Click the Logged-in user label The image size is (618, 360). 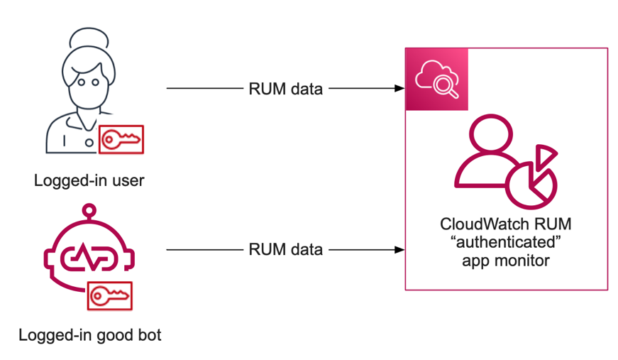(x=89, y=180)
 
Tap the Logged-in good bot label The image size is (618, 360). (x=89, y=334)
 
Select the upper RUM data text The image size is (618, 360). (x=286, y=89)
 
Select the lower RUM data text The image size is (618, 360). (x=286, y=249)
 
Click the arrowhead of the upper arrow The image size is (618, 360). (x=399, y=89)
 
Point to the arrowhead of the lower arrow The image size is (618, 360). (x=399, y=249)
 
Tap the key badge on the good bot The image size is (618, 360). (x=110, y=295)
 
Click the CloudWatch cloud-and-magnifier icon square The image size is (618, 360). (x=436, y=80)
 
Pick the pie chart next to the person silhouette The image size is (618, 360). (x=531, y=184)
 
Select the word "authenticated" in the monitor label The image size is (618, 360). (x=505, y=243)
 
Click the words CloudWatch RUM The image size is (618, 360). (x=505, y=225)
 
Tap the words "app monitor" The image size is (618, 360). (x=505, y=261)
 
